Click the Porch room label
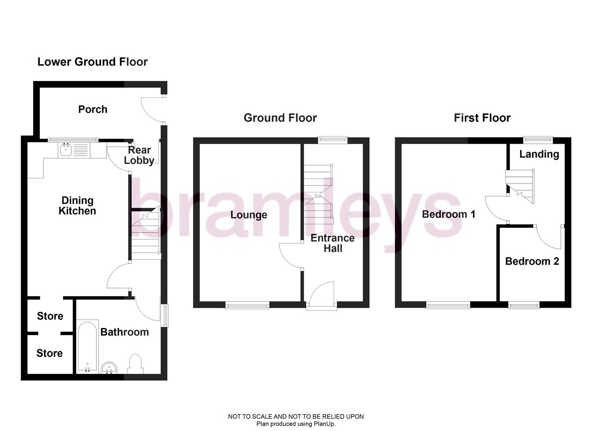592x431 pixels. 93,109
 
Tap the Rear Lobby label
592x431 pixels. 139,155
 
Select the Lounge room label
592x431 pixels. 249,215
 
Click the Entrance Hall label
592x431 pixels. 332,243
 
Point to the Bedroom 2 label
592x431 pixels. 532,261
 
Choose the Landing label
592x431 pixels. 539,154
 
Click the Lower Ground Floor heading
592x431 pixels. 92,62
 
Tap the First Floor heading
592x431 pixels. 482,118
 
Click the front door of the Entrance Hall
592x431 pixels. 321,295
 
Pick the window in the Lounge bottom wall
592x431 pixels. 247,306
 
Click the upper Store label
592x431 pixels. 50,316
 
